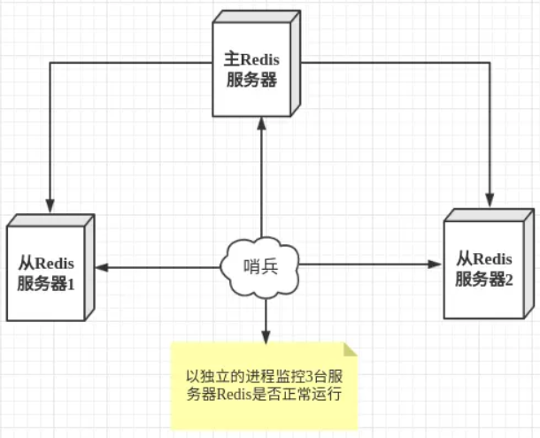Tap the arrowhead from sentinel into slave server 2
tap(435, 265)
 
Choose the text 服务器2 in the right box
tap(485, 280)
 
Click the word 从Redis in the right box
tap(485, 259)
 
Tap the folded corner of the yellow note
tap(350, 350)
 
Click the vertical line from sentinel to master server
tap(262, 186)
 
